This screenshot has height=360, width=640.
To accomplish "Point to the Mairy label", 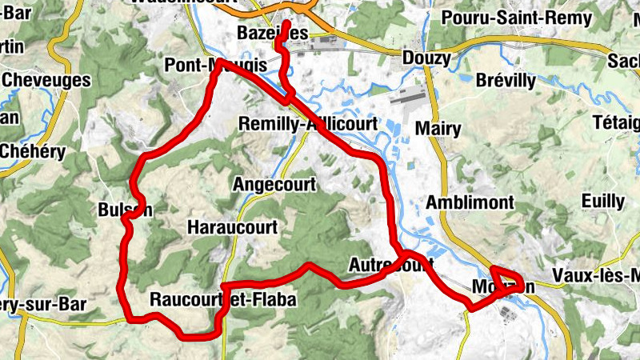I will click(x=438, y=129).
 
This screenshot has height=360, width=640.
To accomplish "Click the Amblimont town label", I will click(x=470, y=202).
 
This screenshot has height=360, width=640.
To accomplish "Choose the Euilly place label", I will click(x=581, y=200).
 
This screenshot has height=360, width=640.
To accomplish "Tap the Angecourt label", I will click(x=274, y=185).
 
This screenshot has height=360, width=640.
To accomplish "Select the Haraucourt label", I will click(x=232, y=227).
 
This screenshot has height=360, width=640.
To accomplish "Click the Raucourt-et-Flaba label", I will click(x=223, y=300).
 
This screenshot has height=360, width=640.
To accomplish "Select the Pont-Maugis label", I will click(x=214, y=66).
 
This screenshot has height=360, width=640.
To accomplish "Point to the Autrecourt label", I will click(x=391, y=263).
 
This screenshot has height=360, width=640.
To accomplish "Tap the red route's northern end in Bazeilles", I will click(x=287, y=14).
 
